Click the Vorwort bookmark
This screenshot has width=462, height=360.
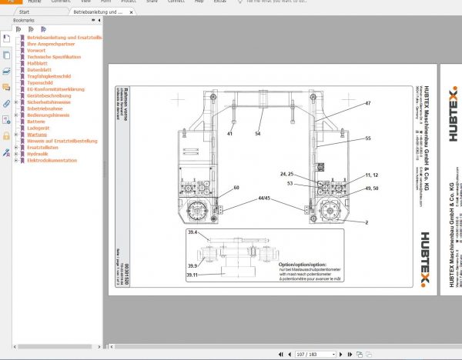35,50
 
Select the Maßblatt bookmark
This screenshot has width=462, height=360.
38,63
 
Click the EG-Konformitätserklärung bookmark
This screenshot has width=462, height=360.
55,89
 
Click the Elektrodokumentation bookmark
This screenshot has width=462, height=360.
52,161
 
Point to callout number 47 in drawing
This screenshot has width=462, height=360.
368,103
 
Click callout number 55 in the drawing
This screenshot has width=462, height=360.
368,138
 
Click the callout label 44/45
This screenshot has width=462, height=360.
265,198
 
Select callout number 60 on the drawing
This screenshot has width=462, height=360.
236,188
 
